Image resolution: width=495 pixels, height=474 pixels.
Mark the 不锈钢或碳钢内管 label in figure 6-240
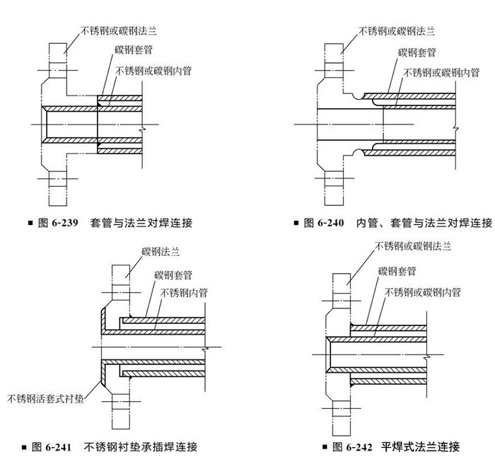443,71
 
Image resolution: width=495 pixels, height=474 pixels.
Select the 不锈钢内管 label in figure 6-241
184,291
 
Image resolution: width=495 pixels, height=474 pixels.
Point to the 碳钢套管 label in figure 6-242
397,271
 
